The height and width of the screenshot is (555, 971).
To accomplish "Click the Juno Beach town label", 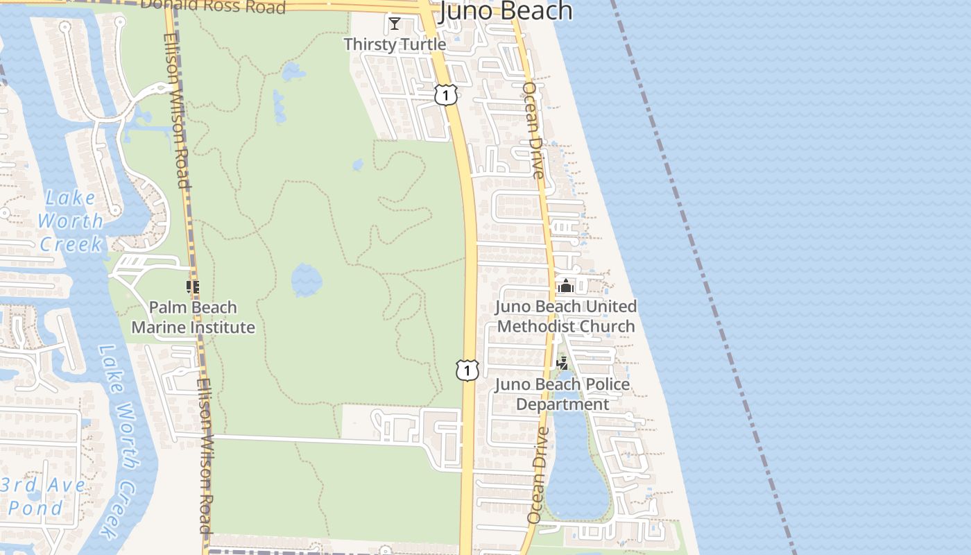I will [x=506, y=10].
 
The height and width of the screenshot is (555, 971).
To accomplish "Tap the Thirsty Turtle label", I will [x=395, y=44].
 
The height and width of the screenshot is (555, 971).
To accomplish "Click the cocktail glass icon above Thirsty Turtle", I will [x=395, y=24].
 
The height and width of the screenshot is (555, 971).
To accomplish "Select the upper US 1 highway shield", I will [x=446, y=94].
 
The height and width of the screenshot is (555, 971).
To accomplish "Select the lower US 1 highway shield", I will [x=467, y=370].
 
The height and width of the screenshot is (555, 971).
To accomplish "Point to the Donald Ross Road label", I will [x=212, y=7].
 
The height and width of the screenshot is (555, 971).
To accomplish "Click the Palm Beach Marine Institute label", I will [x=194, y=317].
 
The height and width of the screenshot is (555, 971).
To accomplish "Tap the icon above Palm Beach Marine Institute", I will [x=193, y=287].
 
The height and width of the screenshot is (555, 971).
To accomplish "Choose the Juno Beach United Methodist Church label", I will [x=566, y=316].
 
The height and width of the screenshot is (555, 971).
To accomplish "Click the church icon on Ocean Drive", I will [x=566, y=285].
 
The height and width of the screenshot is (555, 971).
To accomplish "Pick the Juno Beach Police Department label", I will [x=562, y=394].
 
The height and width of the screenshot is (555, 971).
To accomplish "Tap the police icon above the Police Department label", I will [x=562, y=363].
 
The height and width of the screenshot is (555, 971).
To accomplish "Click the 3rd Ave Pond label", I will [x=43, y=496].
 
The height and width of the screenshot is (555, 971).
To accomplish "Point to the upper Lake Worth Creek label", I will [x=71, y=221].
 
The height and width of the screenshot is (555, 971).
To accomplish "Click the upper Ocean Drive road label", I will [x=533, y=130].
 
